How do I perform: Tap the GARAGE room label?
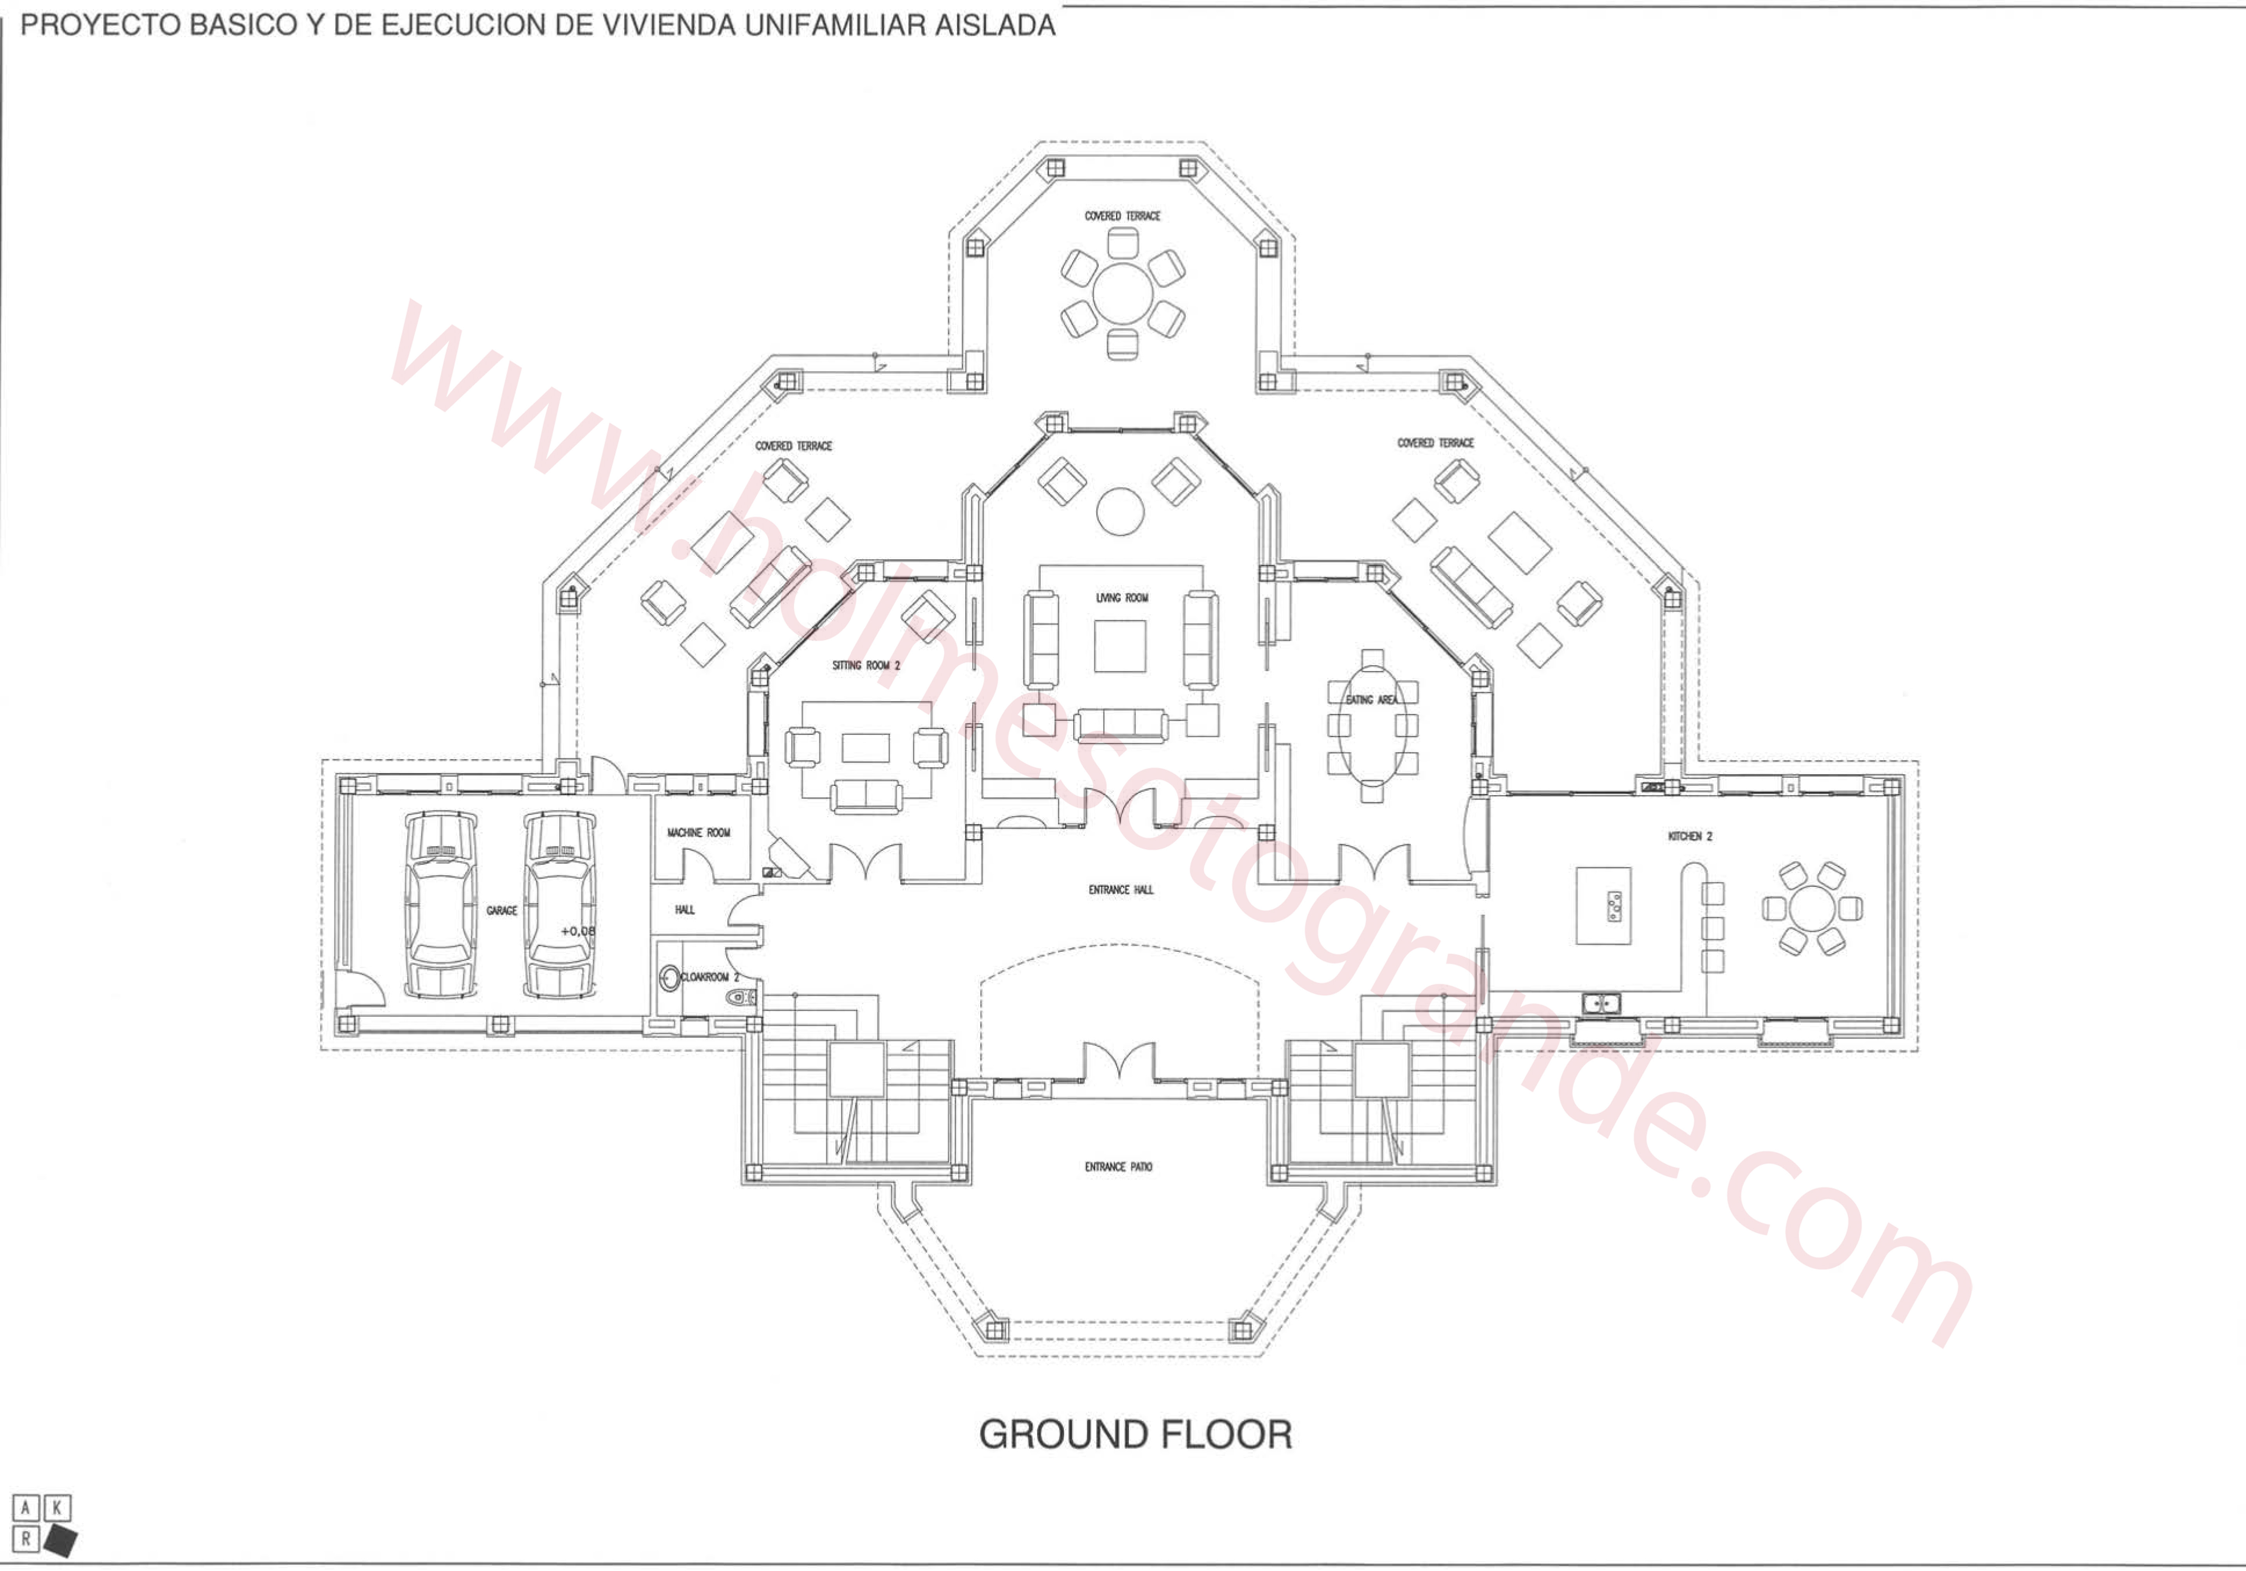[x=502, y=911]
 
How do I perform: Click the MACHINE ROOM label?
[x=699, y=833]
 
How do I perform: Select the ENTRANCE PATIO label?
[x=1118, y=1167]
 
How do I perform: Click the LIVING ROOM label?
[x=1122, y=598]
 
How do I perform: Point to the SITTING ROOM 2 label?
[x=866, y=665]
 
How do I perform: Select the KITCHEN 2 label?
[x=1690, y=837]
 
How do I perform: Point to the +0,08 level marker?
[x=577, y=931]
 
